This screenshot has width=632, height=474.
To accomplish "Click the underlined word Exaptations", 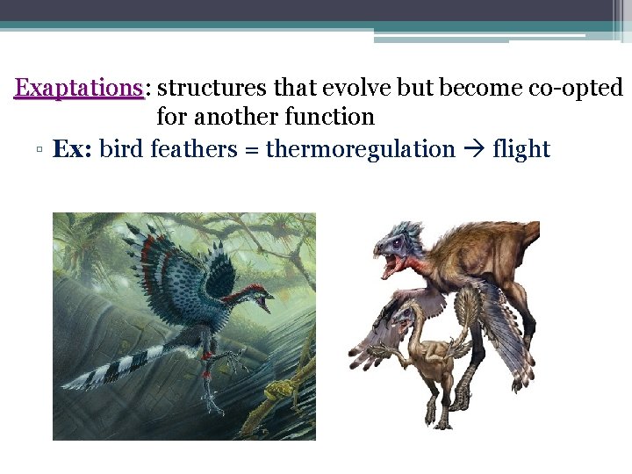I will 79,88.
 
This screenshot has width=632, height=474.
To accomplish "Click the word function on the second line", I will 332,116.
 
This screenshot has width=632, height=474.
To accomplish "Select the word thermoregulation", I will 360,149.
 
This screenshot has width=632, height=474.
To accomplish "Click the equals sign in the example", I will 251,150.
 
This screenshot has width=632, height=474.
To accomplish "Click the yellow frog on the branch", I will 278,391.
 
